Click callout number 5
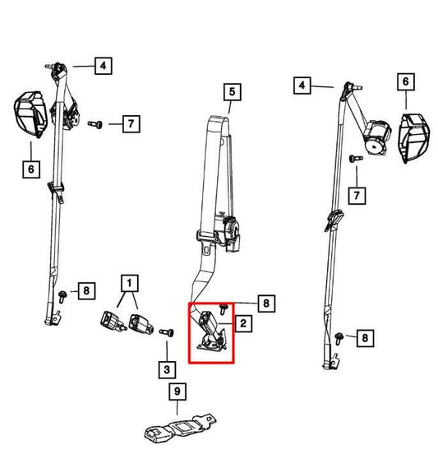(233, 92)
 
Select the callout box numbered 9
(178, 392)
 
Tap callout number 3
(167, 370)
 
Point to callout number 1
(129, 283)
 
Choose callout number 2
(243, 323)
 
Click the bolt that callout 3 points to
(167, 332)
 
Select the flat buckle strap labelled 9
(181, 429)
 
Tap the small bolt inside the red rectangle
(223, 308)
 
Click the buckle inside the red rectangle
(212, 331)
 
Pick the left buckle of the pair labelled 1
(112, 321)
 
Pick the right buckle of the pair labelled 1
(141, 323)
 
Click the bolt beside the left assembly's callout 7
(95, 124)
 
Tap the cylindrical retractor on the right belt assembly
(377, 137)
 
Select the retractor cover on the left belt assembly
(30, 114)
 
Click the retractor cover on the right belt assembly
(414, 138)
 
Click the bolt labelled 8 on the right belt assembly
(339, 338)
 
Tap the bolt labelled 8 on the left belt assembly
(62, 296)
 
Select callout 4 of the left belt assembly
(104, 66)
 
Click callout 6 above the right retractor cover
(406, 81)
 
